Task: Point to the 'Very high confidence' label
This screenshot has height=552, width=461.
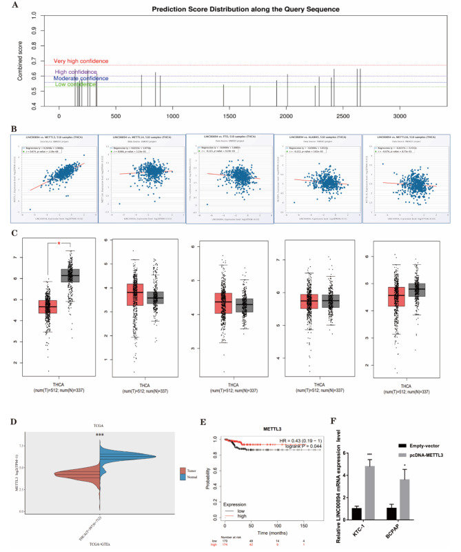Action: tap(83, 61)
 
